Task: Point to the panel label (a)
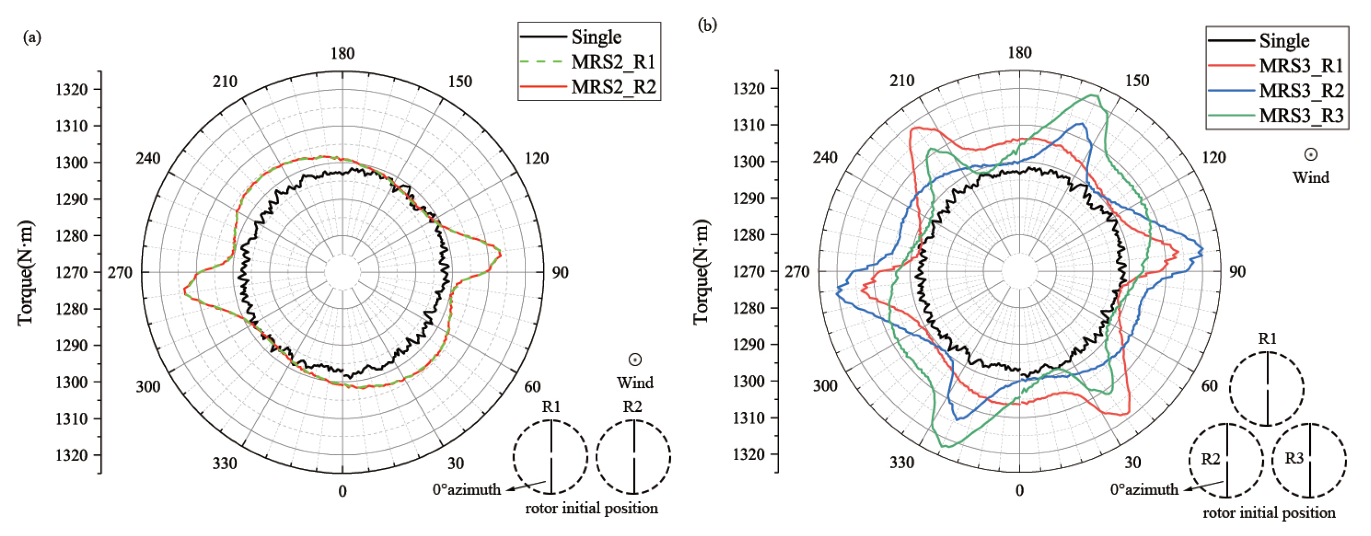coord(32,37)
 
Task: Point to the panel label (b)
coord(707,24)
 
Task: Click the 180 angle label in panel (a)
coord(342,53)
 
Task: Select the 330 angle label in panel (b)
coord(901,462)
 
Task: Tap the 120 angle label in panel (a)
coord(536,158)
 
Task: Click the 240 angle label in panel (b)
coord(825,158)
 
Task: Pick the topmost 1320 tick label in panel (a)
coord(71,89)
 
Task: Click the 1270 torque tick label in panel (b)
coord(748,271)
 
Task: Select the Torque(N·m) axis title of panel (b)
coord(701,271)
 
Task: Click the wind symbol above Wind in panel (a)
coord(634,359)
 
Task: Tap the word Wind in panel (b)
coord(1310,177)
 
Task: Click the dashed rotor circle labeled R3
coord(1309,461)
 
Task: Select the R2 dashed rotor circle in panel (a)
coord(633,457)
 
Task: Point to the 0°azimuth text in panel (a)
coord(466,489)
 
